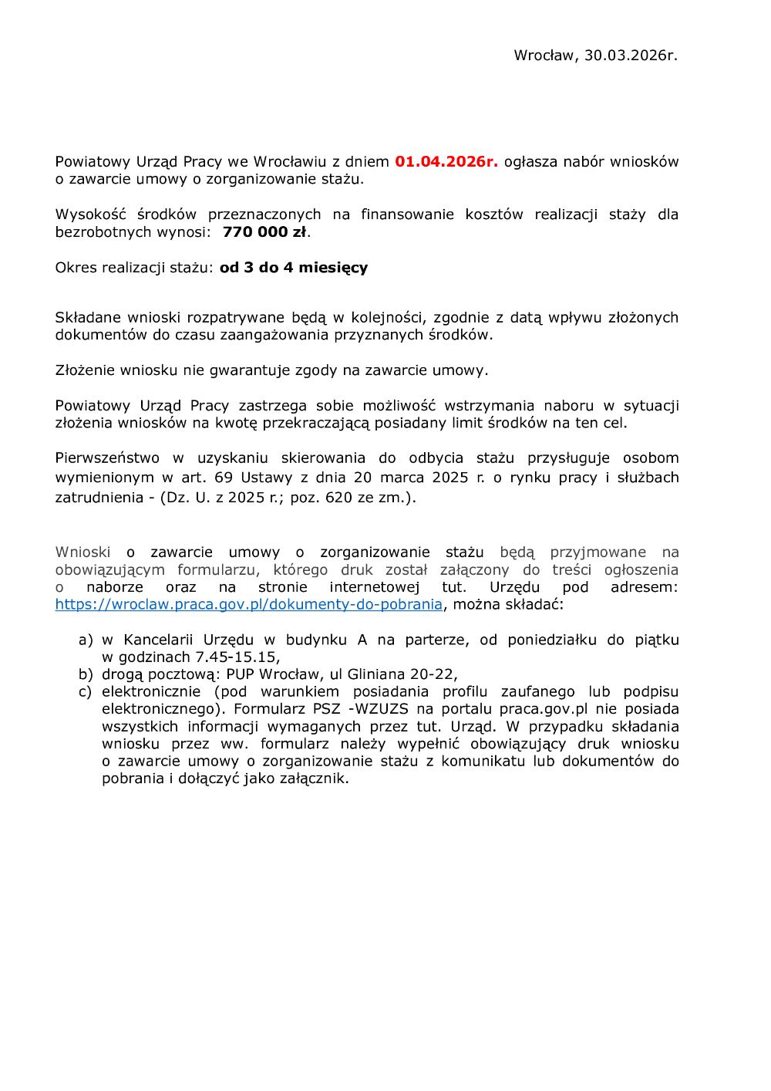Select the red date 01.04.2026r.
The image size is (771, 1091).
pos(446,162)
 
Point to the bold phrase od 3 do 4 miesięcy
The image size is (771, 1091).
pos(294,268)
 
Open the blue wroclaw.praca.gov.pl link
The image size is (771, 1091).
pos(248,604)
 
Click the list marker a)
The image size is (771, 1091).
pos(86,640)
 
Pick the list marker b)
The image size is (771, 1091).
pos(86,674)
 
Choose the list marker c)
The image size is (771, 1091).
pos(86,691)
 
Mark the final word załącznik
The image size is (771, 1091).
pos(315,779)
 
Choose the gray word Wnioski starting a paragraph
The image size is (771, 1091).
pos(82,552)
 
